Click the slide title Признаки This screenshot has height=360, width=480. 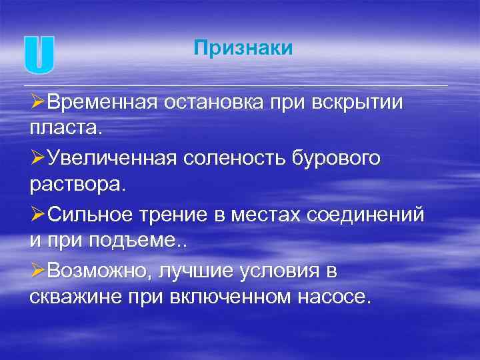click(243, 48)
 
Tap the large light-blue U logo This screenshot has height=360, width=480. click(39, 55)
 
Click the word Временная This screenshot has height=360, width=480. click(101, 104)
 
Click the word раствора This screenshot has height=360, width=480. click(77, 183)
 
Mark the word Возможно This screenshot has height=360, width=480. click(99, 271)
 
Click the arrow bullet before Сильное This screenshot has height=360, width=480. click(37, 215)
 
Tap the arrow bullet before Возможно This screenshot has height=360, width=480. click(37, 271)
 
